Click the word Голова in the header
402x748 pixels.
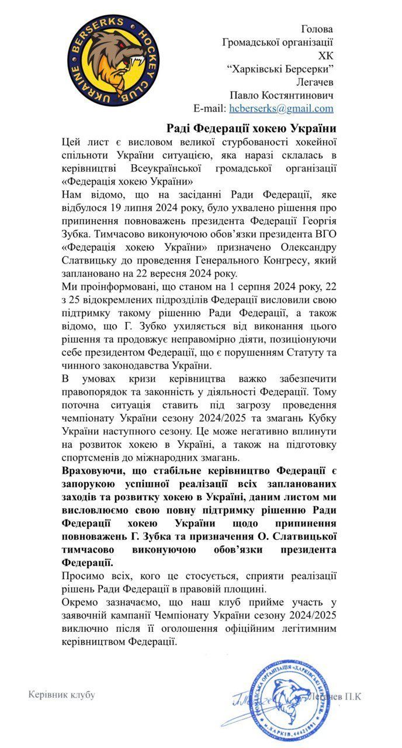tap(317, 29)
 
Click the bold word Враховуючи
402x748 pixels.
tap(94, 471)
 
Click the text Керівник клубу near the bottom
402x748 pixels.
tap(62, 695)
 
